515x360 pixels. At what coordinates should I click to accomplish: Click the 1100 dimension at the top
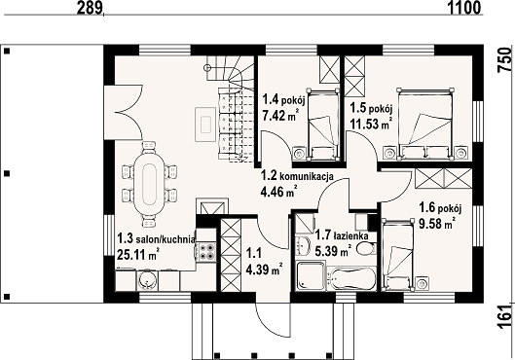tap(464, 7)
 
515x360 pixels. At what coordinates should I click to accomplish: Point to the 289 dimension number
tap(90, 7)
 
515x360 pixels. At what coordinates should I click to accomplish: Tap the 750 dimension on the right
tap(505, 60)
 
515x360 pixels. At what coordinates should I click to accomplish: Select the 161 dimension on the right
tap(505, 316)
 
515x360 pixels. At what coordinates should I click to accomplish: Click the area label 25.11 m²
tap(138, 254)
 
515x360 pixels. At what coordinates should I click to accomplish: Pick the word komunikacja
tap(306, 176)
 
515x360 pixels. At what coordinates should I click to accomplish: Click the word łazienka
tap(350, 235)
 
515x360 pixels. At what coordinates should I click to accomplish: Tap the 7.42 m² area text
tap(280, 116)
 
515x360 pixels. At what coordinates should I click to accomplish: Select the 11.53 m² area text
tap(371, 124)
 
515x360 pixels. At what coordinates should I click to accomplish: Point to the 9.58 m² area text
tap(437, 224)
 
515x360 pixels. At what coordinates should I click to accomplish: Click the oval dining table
tap(149, 184)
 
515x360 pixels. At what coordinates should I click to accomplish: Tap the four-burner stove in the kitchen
tap(206, 251)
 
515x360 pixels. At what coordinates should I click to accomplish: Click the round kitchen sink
tap(147, 280)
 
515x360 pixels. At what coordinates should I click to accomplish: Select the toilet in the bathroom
tap(366, 248)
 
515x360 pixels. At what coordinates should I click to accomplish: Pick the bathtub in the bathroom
tap(351, 278)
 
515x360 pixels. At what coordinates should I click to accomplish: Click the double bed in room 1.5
tap(425, 124)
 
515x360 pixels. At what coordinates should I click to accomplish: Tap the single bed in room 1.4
tap(323, 125)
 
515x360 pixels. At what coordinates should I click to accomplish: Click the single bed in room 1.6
tap(398, 254)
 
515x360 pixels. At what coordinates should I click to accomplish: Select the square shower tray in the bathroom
tap(311, 275)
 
